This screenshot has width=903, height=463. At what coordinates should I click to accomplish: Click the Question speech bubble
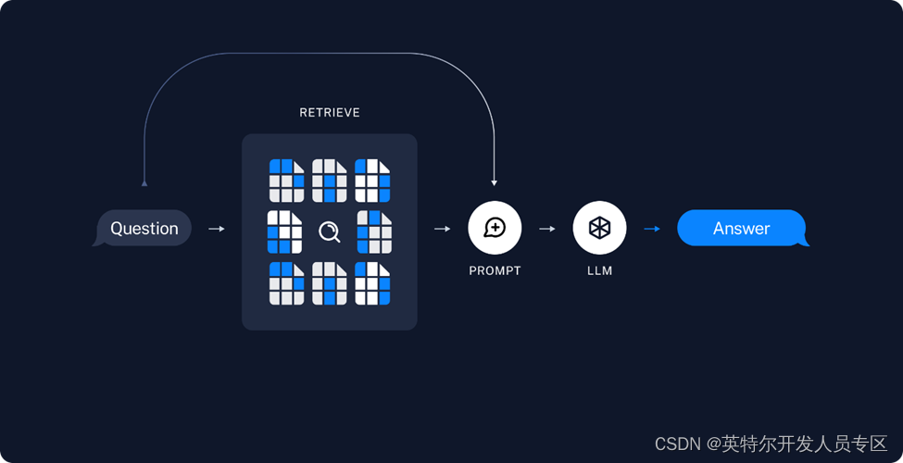144,228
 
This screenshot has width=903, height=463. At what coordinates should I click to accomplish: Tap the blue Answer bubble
741,228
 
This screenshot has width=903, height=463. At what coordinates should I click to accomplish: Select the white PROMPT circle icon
495,228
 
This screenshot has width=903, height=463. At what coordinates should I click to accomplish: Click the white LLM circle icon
599,228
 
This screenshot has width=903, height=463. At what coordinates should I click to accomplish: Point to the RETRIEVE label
330,113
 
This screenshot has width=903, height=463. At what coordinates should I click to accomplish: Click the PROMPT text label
495,271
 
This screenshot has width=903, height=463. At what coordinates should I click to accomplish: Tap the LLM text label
599,271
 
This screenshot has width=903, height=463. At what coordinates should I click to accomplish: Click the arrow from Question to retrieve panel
217,228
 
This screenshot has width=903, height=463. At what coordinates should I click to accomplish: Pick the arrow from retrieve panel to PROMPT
442,228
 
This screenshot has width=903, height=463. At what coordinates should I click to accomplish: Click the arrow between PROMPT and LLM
546,228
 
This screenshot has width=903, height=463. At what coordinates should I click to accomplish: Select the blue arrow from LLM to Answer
652,228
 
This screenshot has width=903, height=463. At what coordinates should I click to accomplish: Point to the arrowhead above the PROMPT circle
495,181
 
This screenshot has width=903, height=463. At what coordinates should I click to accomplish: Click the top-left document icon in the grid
286,181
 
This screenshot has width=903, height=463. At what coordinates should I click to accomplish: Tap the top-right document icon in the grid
372,181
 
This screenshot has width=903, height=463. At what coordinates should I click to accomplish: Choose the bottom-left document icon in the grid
286,283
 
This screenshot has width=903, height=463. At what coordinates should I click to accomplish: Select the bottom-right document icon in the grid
372,283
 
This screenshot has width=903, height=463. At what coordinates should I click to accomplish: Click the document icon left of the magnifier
285,231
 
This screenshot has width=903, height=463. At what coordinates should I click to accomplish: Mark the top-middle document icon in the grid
330,181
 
